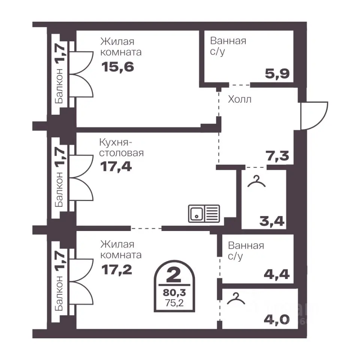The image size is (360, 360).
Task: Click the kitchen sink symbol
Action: tap(204, 213)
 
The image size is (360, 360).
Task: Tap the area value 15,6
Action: tap(117, 67)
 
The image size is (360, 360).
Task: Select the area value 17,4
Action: tap(116, 166)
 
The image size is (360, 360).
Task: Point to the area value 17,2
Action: tap(117, 270)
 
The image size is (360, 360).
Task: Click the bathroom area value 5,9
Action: tap(277, 74)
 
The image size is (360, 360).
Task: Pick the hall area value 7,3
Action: tap(277, 156)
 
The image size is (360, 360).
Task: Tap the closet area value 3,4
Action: tap(272, 221)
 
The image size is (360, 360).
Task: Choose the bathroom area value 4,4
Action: tap(277, 274)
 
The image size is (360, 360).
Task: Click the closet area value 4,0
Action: tap(277, 319)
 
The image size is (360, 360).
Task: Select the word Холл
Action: tap(240, 99)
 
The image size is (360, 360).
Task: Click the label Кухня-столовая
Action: tap(121, 148)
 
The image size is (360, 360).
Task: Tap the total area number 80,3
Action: tap(174, 293)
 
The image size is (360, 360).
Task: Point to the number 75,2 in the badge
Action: tap(174, 303)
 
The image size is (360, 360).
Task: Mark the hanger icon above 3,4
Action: tap(256, 181)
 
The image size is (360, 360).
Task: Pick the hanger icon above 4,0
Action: tap(236, 298)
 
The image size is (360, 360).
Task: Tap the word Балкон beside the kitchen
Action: tap(59, 189)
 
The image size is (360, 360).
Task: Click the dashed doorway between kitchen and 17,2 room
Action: tap(146, 228)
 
